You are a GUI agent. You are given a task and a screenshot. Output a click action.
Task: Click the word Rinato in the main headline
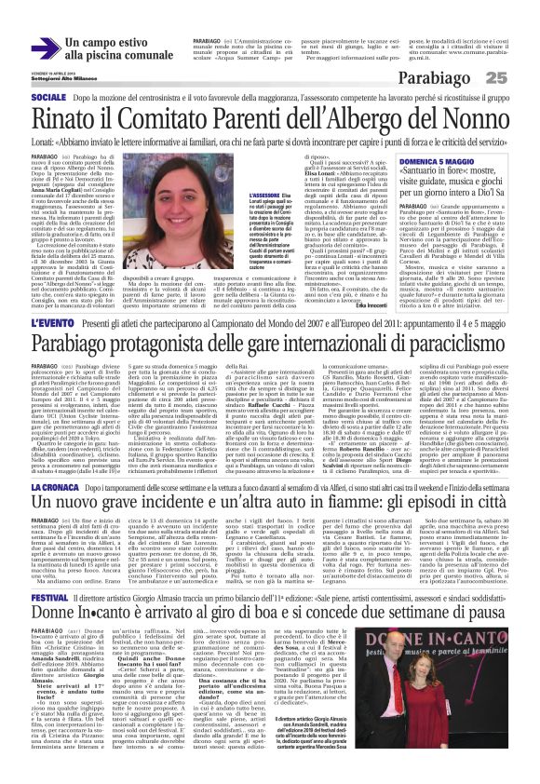tap(61, 120)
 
